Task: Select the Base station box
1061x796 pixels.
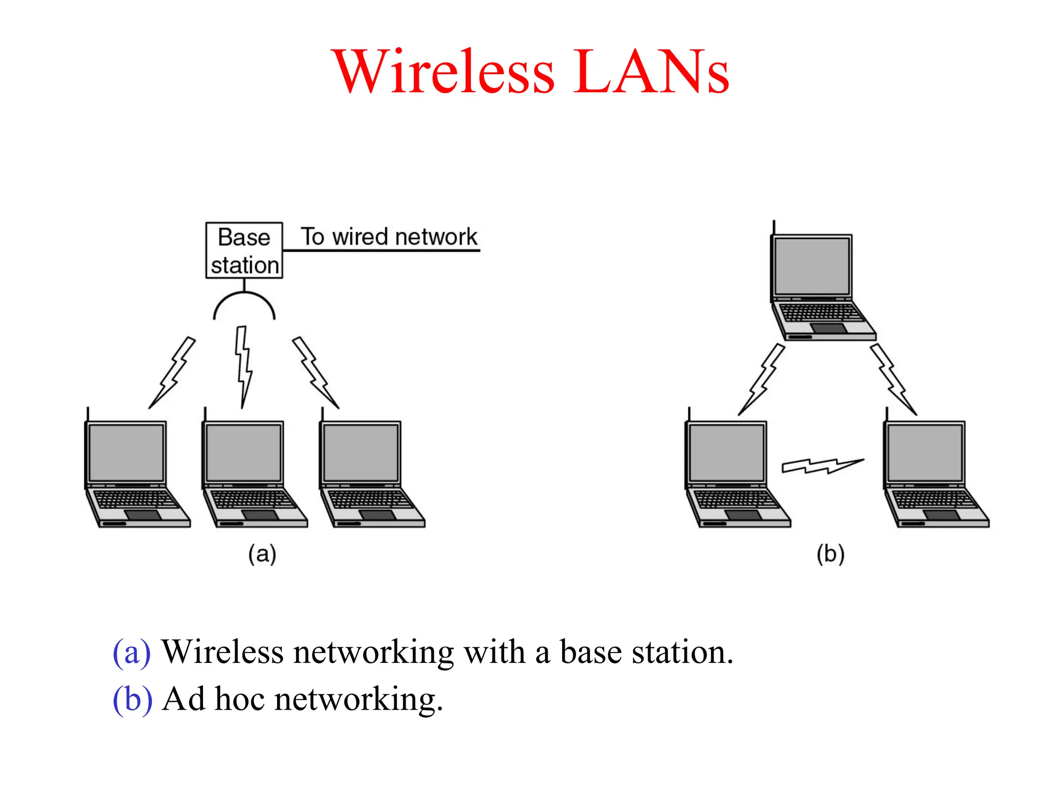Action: (244, 250)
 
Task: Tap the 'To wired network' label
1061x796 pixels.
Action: (389, 237)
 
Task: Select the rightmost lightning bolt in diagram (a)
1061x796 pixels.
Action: (314, 372)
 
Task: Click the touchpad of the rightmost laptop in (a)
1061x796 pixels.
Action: (378, 515)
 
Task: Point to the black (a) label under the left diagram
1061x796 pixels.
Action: (262, 554)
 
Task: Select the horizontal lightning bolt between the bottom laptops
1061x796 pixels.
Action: (823, 465)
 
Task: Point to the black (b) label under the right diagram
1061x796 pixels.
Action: (830, 554)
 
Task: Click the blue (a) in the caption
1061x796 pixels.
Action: (132, 652)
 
